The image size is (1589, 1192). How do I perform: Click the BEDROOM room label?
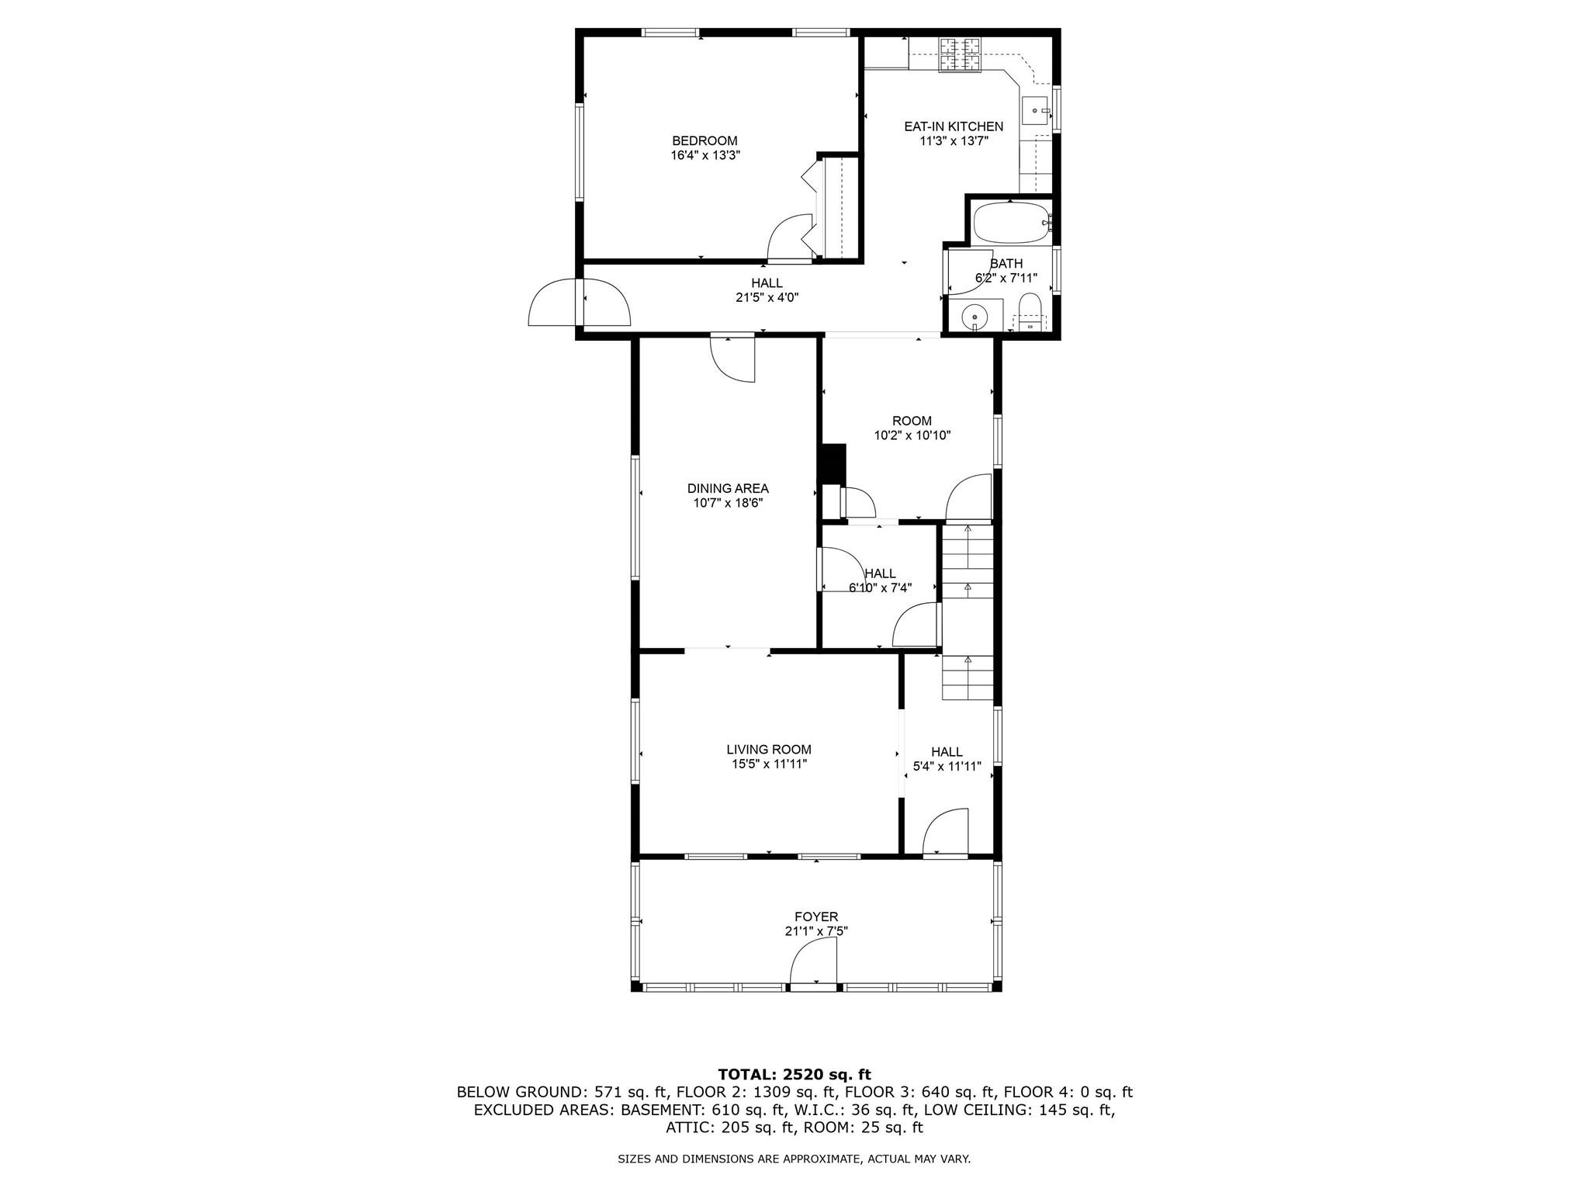tap(704, 140)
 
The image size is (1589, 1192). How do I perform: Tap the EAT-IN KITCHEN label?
tap(953, 126)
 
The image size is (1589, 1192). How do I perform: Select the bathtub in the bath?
tap(1009, 223)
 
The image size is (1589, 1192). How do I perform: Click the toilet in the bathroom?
tap(1030, 310)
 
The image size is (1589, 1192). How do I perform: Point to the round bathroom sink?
tap(974, 317)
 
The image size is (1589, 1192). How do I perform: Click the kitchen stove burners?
tap(960, 54)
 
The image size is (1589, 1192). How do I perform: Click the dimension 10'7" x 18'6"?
tap(728, 503)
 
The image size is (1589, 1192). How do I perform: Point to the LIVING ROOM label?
tap(769, 750)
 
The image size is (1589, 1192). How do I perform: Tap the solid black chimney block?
tap(833, 463)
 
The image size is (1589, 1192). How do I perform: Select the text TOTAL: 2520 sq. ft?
tap(794, 1075)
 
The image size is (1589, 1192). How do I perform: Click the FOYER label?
tap(815, 917)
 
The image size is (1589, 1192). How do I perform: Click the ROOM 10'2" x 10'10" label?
tap(912, 428)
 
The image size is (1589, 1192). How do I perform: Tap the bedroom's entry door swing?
tap(788, 239)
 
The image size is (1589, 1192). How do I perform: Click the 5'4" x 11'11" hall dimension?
tap(947, 766)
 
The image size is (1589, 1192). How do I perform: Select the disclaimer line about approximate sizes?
tap(794, 1159)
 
